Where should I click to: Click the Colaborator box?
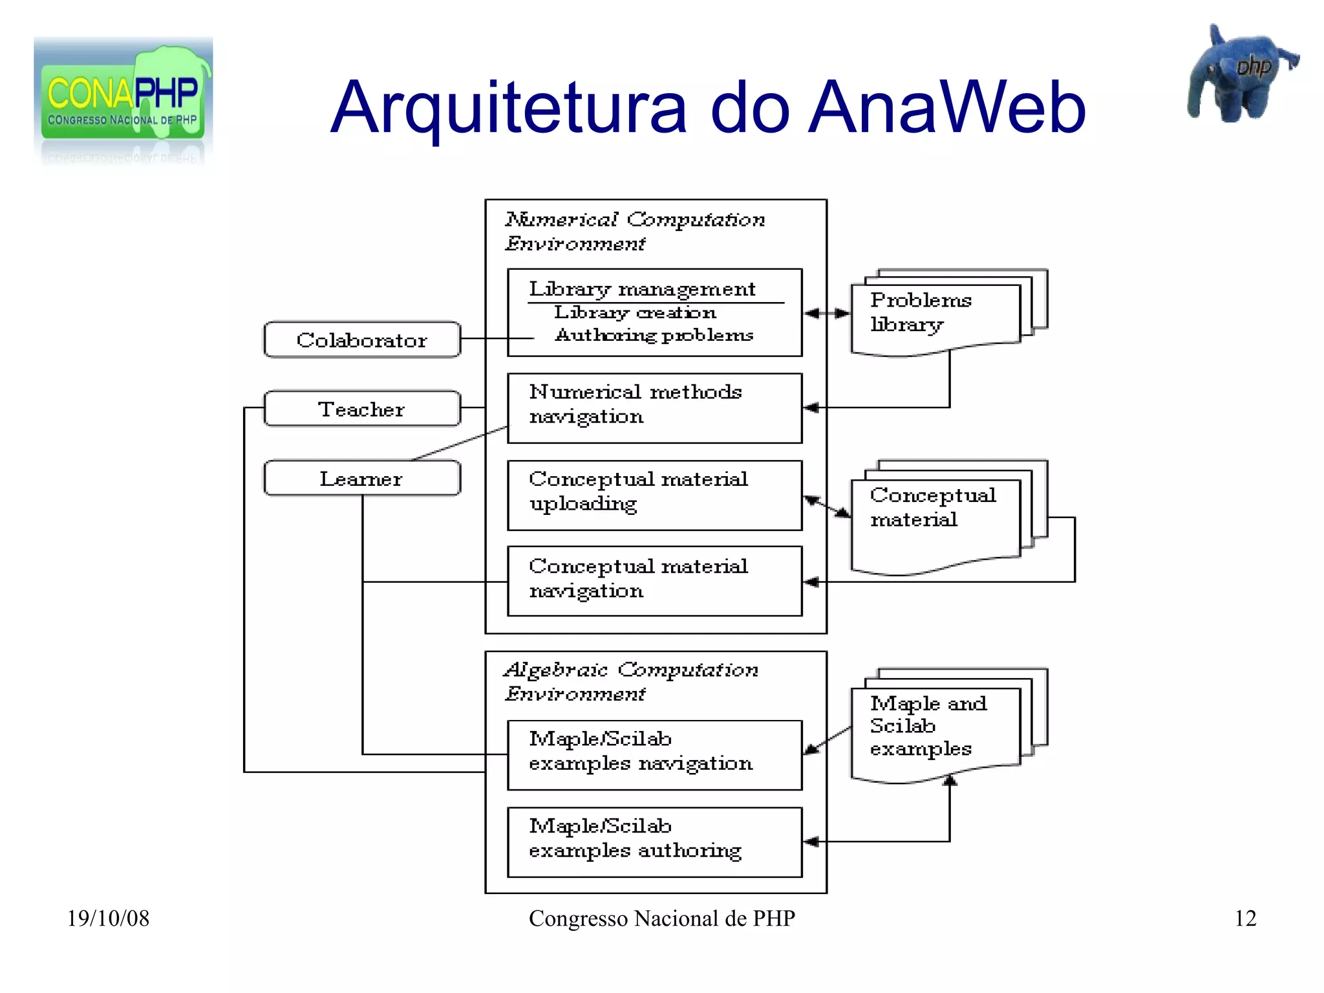tap(361, 340)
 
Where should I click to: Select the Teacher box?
tap(361, 409)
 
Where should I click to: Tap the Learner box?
tap(361, 479)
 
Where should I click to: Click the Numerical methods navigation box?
tap(654, 408)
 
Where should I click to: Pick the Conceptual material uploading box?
tap(654, 495)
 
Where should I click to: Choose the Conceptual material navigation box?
tap(654, 581)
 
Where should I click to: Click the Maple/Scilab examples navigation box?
tap(654, 754)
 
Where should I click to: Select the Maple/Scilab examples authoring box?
tap(654, 842)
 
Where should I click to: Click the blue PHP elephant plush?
tap(1238, 74)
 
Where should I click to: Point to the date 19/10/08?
tap(108, 919)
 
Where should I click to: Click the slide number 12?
tap(1245, 919)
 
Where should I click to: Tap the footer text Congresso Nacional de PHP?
tap(661, 919)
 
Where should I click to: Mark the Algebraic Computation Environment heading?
tap(630, 681)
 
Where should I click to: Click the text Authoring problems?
tap(654, 335)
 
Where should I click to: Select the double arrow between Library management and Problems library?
tap(827, 314)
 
